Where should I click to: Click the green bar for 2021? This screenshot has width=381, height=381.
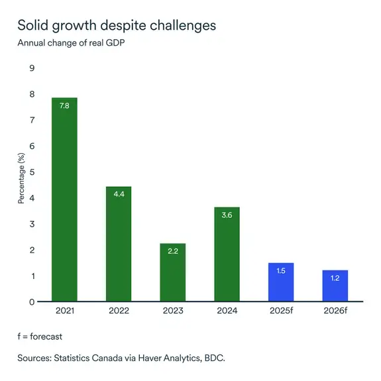[x=64, y=199]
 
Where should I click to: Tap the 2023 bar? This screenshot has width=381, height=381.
[x=172, y=272]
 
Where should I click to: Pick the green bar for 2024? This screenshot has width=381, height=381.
[x=227, y=254]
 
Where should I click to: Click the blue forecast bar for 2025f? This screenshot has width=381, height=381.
[x=280, y=282]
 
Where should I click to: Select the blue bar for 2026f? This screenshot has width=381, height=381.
[x=335, y=286]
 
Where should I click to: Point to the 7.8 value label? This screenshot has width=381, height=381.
[x=64, y=105]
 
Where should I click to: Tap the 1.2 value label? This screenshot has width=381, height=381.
[x=335, y=278]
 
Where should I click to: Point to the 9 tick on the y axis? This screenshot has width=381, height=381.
[x=31, y=68]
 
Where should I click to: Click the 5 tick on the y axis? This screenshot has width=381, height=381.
[x=31, y=172]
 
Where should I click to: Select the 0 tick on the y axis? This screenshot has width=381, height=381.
[x=31, y=302]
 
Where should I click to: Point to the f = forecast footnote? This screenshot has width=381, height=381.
[x=40, y=337]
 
